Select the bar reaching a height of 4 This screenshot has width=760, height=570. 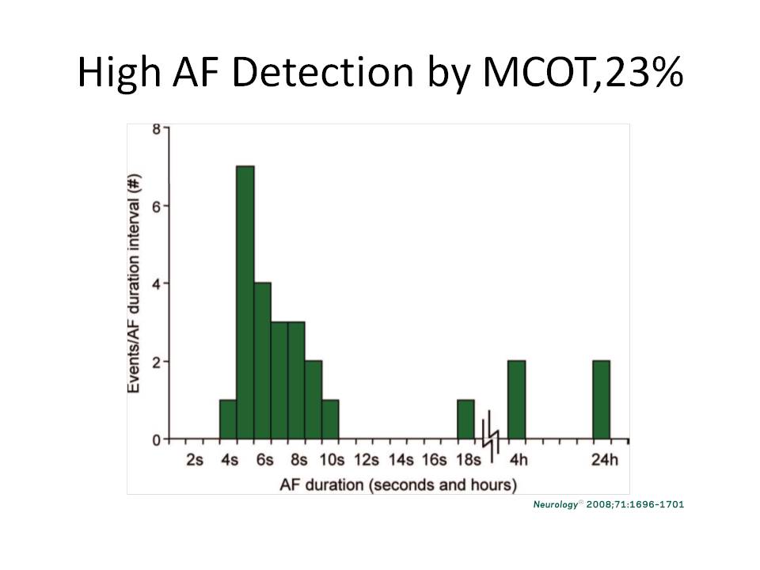262,361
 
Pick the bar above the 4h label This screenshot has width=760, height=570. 516,400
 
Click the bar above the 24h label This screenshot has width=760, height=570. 601,400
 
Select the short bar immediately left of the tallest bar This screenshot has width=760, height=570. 228,420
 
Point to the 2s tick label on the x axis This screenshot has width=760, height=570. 195,460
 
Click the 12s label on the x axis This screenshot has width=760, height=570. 367,460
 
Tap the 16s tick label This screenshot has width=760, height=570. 435,460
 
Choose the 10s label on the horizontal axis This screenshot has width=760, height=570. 332,460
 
